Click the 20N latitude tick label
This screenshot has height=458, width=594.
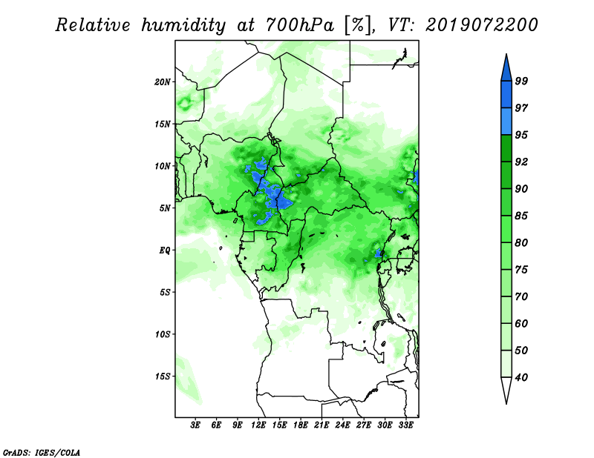(x=163, y=82)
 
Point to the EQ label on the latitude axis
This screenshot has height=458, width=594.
(x=165, y=250)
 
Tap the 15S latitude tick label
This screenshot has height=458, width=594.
(x=163, y=376)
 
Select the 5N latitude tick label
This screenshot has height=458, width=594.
(x=165, y=208)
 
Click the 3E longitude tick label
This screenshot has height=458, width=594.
(x=195, y=425)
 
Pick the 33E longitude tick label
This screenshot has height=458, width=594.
(x=405, y=425)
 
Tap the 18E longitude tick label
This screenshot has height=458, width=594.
(x=301, y=425)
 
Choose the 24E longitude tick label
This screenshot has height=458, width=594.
(x=342, y=425)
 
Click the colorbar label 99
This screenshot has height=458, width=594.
(x=521, y=81)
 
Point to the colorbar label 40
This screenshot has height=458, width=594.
(x=521, y=377)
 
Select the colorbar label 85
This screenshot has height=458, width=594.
(x=521, y=216)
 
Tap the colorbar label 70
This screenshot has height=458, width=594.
(x=521, y=296)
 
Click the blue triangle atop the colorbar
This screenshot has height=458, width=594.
(x=506, y=70)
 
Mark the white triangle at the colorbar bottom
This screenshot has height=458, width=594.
(x=506, y=388)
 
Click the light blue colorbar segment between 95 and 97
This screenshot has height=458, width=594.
(x=506, y=122)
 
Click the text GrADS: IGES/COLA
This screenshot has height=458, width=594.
(x=42, y=452)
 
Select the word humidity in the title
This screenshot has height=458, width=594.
(x=183, y=26)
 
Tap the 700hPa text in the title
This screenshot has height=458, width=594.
(x=300, y=25)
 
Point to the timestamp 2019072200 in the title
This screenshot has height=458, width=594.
(x=481, y=25)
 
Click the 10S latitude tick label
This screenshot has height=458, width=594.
(x=163, y=334)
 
